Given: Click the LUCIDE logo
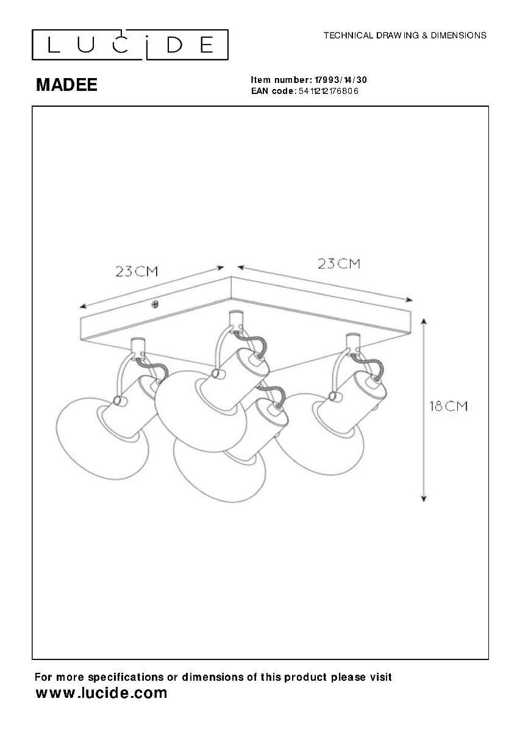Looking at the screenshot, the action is (130, 45).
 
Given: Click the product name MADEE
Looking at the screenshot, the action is (66, 85).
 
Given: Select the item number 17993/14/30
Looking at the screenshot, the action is (340, 80).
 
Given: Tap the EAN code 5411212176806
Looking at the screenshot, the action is (329, 91).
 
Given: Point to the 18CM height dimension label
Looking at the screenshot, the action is (449, 406).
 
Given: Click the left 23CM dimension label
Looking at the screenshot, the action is (137, 271).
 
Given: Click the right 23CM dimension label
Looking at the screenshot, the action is (339, 264).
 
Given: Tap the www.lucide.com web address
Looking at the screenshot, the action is (101, 692).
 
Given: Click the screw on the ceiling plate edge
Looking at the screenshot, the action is (155, 304).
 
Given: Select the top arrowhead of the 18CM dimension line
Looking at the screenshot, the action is (424, 322).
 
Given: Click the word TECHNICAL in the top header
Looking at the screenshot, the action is (348, 35).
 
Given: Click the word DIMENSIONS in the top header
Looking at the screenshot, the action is (458, 35).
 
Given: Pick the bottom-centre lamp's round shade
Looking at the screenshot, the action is (219, 473).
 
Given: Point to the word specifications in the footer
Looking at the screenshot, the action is (126, 677).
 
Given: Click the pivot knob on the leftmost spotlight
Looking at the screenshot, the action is (118, 400).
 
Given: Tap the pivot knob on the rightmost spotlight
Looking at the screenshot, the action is (333, 396).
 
